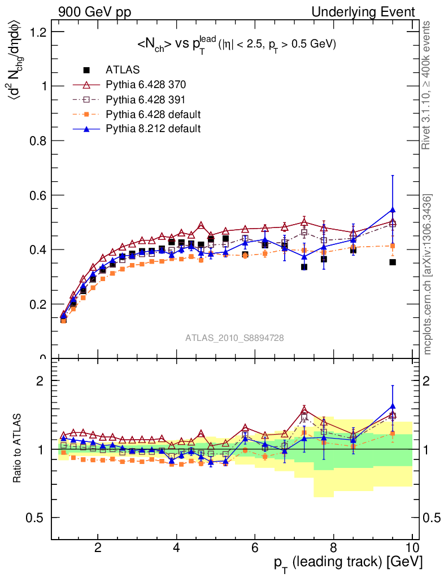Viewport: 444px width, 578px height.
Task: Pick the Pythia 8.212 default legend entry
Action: pyautogui.click(x=153, y=129)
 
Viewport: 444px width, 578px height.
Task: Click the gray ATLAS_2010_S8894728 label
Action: pyautogui.click(x=234, y=338)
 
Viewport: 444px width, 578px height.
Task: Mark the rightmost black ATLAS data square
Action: pyautogui.click(x=393, y=262)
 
